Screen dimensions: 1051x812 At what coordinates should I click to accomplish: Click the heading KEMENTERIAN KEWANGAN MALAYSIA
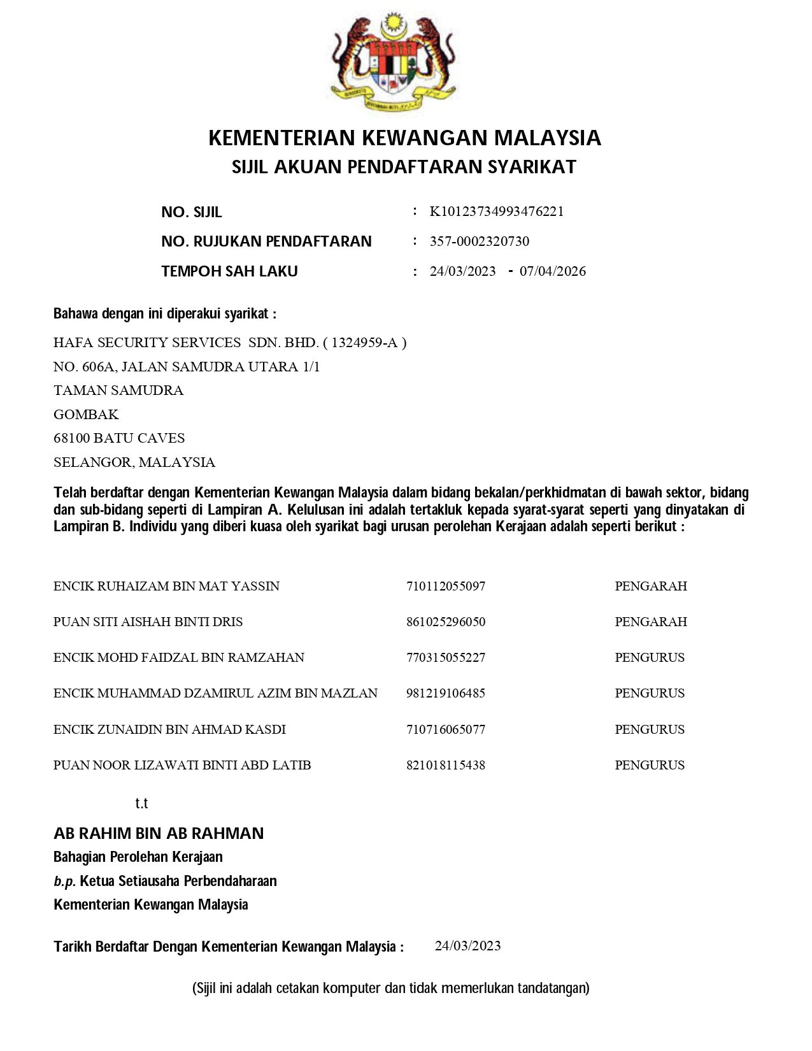point(404,138)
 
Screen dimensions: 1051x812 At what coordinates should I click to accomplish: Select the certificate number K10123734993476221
point(497,211)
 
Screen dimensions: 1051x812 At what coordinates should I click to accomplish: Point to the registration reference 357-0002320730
point(480,241)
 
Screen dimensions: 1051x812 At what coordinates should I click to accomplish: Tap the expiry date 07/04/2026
point(553,271)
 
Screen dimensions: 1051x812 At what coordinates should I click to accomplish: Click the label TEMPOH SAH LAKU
point(229,271)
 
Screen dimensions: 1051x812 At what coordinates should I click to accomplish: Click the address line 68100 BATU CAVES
point(119,438)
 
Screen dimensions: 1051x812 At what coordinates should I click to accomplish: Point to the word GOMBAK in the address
point(86,415)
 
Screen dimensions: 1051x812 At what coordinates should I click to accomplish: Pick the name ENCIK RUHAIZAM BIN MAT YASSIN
point(166,586)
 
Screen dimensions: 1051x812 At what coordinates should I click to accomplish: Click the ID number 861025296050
point(446,622)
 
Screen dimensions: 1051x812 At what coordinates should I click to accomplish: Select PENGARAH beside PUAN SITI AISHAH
point(651,622)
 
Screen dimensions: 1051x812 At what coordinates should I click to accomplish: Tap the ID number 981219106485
point(446,693)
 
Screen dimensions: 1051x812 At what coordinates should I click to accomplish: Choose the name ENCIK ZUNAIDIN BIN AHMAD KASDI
point(169,729)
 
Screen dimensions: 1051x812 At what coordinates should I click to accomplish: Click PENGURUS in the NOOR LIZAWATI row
point(650,765)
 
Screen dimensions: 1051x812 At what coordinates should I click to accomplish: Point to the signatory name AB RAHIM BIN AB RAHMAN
point(159,833)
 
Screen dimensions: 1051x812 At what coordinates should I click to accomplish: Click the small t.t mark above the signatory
point(141,803)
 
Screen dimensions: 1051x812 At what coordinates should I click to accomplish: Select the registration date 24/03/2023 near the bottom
point(468,946)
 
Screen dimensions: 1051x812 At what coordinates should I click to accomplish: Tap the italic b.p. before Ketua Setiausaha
point(65,882)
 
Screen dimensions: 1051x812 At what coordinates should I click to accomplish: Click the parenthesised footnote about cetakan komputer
point(391,988)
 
